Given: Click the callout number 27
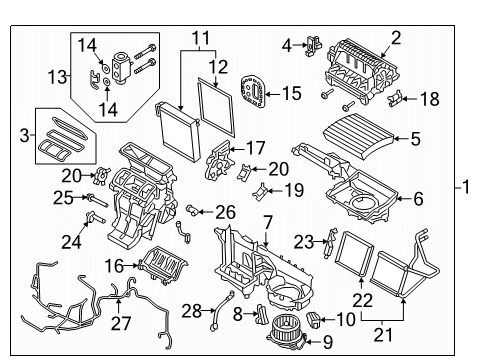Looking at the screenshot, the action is pos(121,323).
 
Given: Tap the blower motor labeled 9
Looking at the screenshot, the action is pos(286,333).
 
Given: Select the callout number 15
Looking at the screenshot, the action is pos(292,93).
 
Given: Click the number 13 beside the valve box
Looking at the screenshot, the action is pos(57,77).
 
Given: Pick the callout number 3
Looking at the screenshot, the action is pos(24,136).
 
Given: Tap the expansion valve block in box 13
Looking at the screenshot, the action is pos(119,66).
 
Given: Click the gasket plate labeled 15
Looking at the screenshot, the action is pos(253,91).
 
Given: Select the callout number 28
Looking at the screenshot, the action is pos(192,311).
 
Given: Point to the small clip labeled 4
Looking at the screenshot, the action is pos(313,45).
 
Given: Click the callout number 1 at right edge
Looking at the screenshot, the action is pos(466,187).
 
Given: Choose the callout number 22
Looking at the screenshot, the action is pos(362,300).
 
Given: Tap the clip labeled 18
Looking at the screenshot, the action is pos(395,99).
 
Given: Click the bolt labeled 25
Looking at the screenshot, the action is pos(97,200).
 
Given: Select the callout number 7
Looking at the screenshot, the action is pos(268,222).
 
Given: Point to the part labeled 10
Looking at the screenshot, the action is pos(313,319).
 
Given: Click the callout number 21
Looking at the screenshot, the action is pos(383,335).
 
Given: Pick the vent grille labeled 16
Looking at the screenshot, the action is pos(163,265).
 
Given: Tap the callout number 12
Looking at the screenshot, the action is pos(218,67).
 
